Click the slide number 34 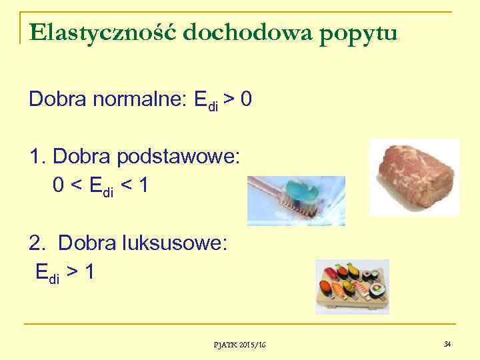447,343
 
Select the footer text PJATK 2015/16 240,344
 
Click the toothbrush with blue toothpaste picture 296,200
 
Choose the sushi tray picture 351,287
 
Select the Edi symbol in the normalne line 205,102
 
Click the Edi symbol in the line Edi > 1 47,273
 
